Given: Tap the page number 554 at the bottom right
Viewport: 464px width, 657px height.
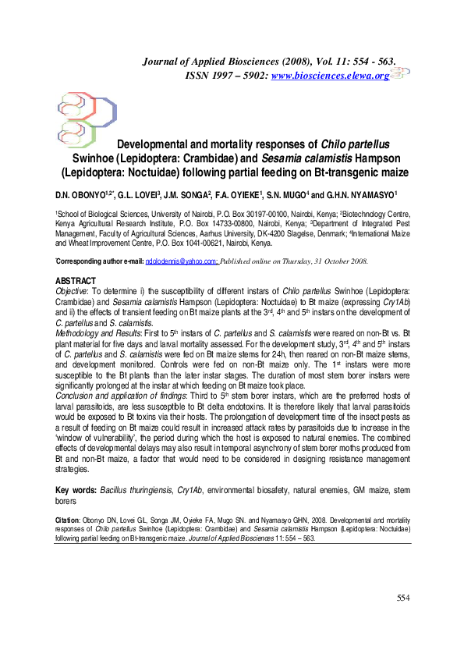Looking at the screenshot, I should point(402,620).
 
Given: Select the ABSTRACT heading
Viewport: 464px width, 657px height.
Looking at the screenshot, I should point(75,280).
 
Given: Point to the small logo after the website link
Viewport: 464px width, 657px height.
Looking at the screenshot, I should point(399,74).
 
